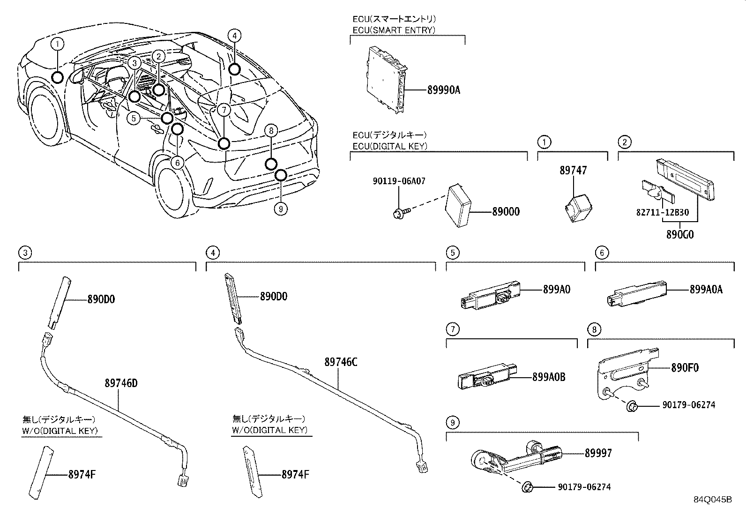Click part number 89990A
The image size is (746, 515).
pyautogui.click(x=443, y=90)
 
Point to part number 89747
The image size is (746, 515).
pyautogui.click(x=573, y=171)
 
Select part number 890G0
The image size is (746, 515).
pyautogui.click(x=680, y=234)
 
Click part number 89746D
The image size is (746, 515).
pyautogui.click(x=120, y=383)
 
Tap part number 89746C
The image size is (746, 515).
pyautogui.click(x=341, y=362)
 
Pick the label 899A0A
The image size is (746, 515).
pyautogui.click(x=706, y=290)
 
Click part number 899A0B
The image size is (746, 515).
pyautogui.click(x=548, y=377)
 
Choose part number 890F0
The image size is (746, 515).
pyautogui.click(x=685, y=368)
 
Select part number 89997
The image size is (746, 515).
pyautogui.click(x=598, y=453)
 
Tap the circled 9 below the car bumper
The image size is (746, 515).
pyautogui.click(x=280, y=209)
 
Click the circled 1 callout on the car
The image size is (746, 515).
pyautogui.click(x=57, y=45)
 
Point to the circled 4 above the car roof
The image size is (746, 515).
pyautogui.click(x=235, y=35)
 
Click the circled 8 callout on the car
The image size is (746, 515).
pyautogui.click(x=271, y=131)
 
